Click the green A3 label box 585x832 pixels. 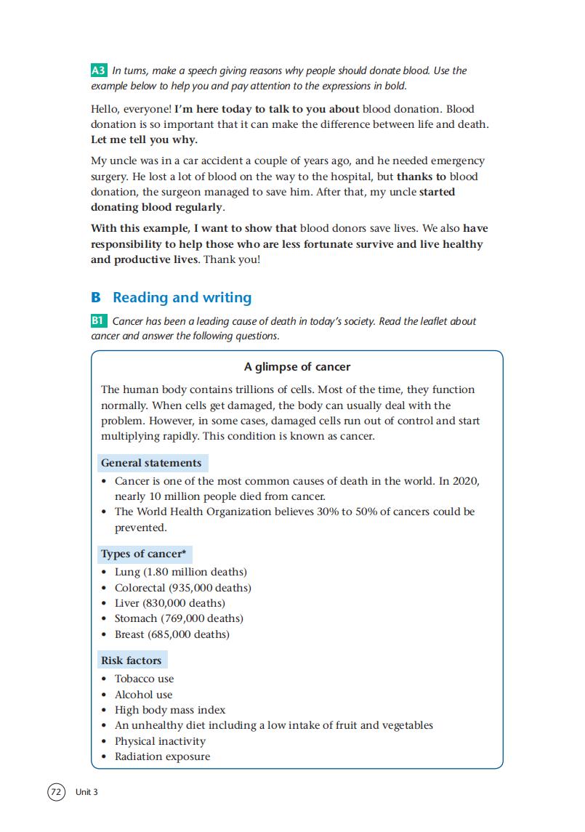point(99,70)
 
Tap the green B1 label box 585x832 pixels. point(99,320)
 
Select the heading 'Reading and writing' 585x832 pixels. point(182,297)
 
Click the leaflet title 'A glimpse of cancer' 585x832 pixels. point(296,367)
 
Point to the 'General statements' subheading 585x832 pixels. point(151,463)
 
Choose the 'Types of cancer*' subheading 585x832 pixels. point(143,554)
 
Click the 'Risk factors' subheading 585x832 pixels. point(131,661)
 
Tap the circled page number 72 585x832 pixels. point(56,792)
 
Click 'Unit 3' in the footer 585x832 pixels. point(86,792)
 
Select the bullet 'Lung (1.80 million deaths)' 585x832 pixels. point(181,572)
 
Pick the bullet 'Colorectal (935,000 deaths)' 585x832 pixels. point(183,588)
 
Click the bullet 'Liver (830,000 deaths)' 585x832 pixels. point(170,603)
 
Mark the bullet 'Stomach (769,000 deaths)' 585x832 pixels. point(179,618)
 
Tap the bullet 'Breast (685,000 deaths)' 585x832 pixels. point(172,634)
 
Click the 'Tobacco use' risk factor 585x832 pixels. point(145,679)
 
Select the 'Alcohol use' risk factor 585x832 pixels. point(144,695)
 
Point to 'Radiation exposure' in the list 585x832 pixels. point(162,756)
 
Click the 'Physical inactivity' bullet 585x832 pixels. point(160,741)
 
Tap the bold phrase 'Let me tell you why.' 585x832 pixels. point(144,140)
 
